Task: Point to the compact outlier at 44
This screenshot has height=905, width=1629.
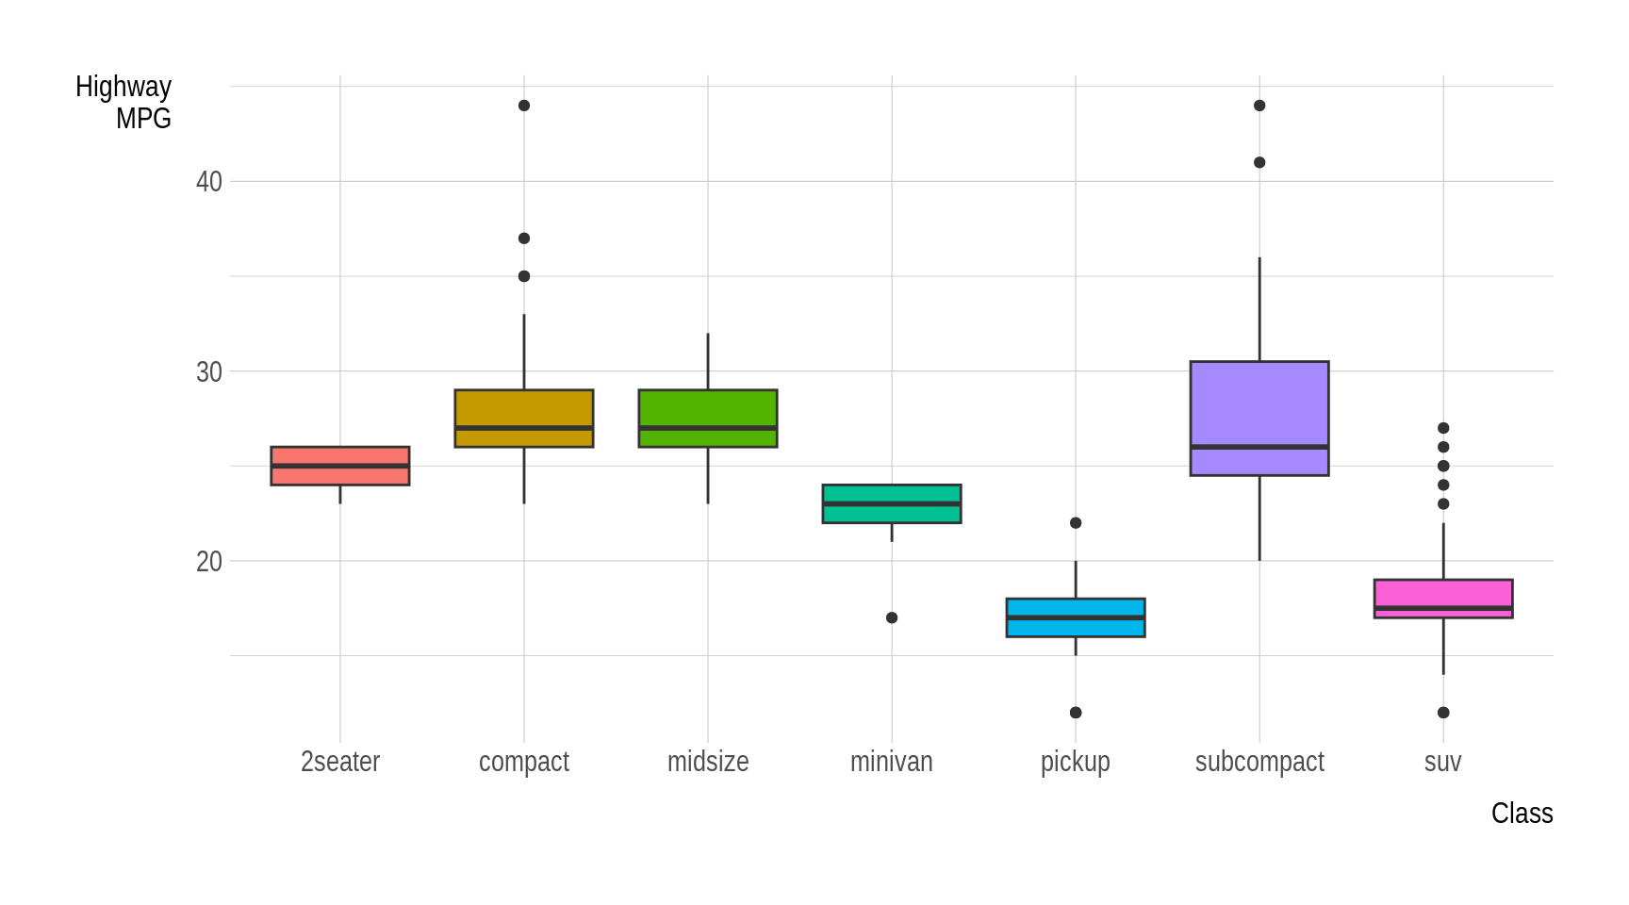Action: [x=524, y=106]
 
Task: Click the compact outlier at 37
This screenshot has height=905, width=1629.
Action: [x=524, y=239]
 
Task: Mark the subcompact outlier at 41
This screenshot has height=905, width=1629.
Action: [x=1259, y=162]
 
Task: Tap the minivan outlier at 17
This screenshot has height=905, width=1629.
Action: [x=892, y=617]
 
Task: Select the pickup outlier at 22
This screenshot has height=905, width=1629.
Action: [x=1076, y=523]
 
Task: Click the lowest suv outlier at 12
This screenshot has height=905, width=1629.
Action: [x=1443, y=713]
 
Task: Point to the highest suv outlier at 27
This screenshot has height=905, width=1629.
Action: [x=1443, y=428]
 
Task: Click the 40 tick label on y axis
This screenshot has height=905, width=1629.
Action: [x=208, y=182]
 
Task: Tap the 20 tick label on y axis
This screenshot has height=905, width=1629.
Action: [x=208, y=562]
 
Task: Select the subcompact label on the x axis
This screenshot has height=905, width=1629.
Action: [x=1259, y=762]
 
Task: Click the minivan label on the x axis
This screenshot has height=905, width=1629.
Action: [x=892, y=762]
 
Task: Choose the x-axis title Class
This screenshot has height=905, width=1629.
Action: [x=1522, y=814]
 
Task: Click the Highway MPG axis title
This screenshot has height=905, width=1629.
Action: [x=123, y=103]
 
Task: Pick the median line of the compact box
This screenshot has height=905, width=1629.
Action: [x=524, y=428]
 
